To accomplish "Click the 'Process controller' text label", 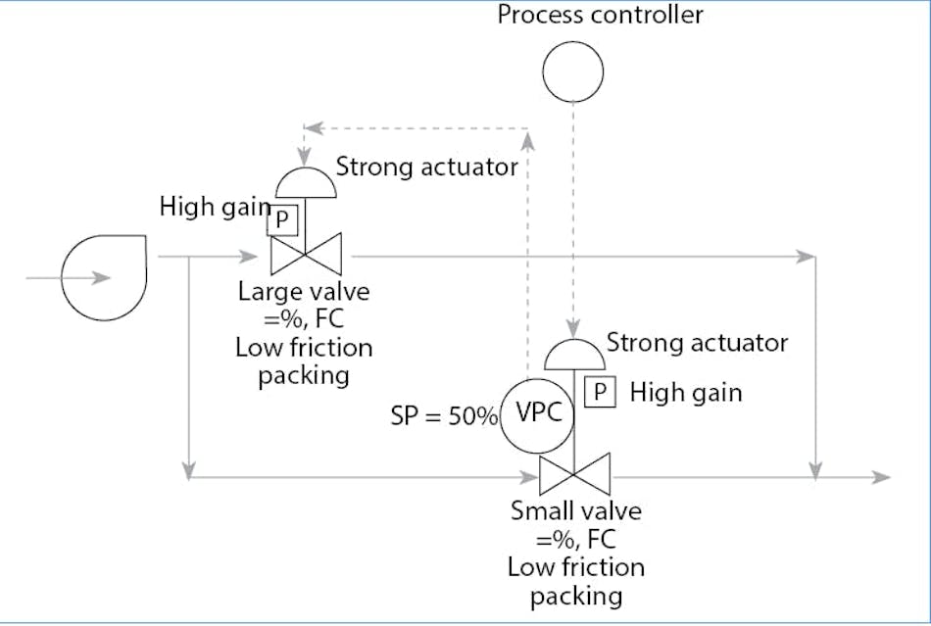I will (x=600, y=15).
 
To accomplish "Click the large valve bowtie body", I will (x=305, y=256).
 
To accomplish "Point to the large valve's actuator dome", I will (x=305, y=183).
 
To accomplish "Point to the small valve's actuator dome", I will (x=574, y=351).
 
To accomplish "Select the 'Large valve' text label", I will (x=303, y=292).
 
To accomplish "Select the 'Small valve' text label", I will (x=576, y=511).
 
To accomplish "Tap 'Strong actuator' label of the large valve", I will (x=426, y=167).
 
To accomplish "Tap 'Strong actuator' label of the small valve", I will (x=697, y=343).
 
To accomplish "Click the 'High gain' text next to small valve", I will (x=686, y=393).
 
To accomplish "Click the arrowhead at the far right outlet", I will (x=882, y=477).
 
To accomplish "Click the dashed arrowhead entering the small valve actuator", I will (x=574, y=331).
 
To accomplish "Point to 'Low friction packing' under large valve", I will (x=304, y=361).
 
